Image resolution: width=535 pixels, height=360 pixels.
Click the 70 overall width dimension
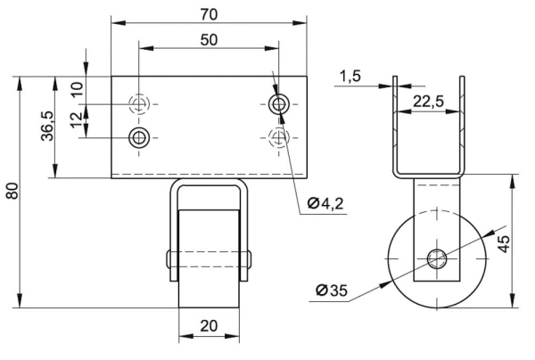click(x=209, y=14)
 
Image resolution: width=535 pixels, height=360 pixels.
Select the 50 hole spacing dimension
click(x=209, y=40)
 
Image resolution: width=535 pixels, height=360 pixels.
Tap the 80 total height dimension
click(x=12, y=191)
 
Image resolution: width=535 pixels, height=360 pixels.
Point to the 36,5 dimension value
click(x=47, y=126)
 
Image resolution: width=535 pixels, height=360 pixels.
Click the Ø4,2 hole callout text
click(x=325, y=203)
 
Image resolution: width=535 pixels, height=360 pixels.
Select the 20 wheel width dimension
click(x=209, y=326)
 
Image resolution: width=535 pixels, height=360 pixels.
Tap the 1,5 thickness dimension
click(x=350, y=76)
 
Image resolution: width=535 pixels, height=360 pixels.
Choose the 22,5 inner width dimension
click(x=429, y=102)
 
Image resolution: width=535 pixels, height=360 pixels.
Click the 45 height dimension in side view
click(x=504, y=243)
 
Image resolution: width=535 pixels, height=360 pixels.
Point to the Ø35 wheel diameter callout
click(x=332, y=290)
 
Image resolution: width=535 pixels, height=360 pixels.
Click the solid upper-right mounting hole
click(x=279, y=104)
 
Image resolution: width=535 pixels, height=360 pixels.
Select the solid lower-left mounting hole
click(x=139, y=138)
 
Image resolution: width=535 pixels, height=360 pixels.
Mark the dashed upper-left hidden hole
click(x=139, y=104)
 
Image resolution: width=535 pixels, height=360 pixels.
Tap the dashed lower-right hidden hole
click(x=279, y=138)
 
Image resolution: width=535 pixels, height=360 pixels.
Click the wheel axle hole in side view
click(x=437, y=258)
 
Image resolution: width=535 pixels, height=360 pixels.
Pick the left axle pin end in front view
click(x=169, y=260)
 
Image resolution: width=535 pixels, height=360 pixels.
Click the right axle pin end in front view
click(x=250, y=260)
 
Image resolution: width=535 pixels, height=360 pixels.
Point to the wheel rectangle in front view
click(x=209, y=259)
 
